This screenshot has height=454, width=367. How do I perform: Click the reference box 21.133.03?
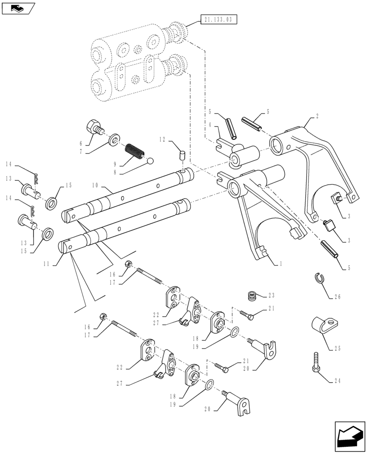click(x=218, y=20)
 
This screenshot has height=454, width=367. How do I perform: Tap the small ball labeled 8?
click(x=150, y=160)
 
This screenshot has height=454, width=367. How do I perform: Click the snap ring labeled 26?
click(x=321, y=278)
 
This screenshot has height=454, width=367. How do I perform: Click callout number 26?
click(x=337, y=298)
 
